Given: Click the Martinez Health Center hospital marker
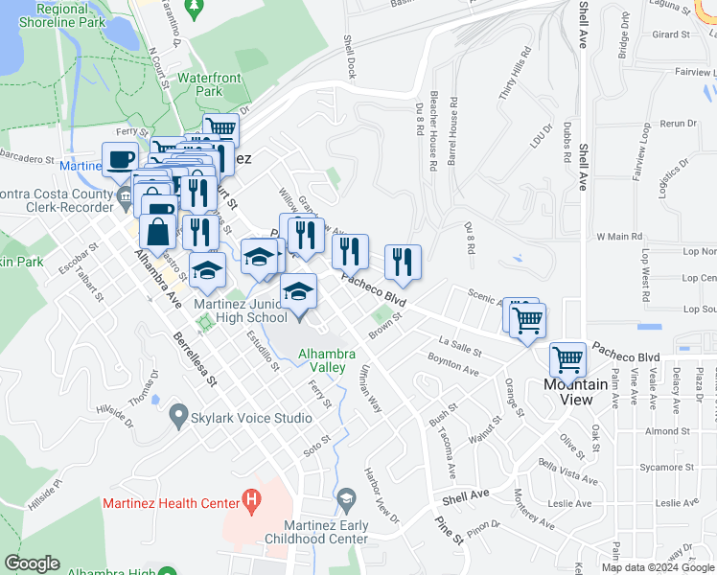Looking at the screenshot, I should [x=251, y=499].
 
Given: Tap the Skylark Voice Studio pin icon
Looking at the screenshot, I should [x=177, y=417].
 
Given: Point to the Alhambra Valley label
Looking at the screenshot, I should [x=335, y=360].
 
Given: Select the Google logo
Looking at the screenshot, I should [x=33, y=563].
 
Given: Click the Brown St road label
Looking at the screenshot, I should [x=382, y=327].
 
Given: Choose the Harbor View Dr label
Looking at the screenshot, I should [x=381, y=494].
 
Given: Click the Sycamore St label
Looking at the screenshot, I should [x=666, y=467].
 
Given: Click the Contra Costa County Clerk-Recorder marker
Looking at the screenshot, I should [x=125, y=198].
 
